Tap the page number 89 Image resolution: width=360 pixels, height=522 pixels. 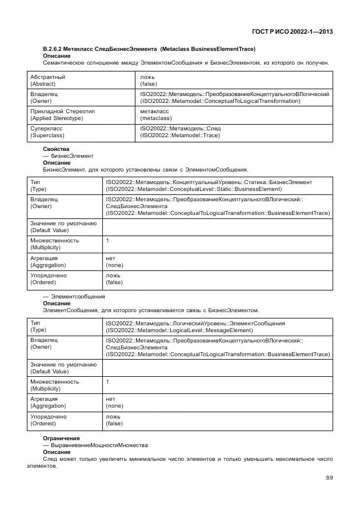(x=329, y=478)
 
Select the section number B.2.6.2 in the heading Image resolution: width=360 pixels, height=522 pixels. (x=55, y=49)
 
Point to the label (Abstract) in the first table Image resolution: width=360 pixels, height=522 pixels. (x=43, y=83)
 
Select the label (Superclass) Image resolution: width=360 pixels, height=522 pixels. (x=47, y=136)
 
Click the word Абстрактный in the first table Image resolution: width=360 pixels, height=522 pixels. (x=47, y=77)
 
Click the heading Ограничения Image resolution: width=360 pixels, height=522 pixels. (x=62, y=438)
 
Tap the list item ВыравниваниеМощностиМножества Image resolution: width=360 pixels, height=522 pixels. (x=99, y=445)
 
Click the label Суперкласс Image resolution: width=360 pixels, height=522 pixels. (x=47, y=129)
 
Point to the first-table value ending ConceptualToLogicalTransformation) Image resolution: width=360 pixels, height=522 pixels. (x=220, y=101)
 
